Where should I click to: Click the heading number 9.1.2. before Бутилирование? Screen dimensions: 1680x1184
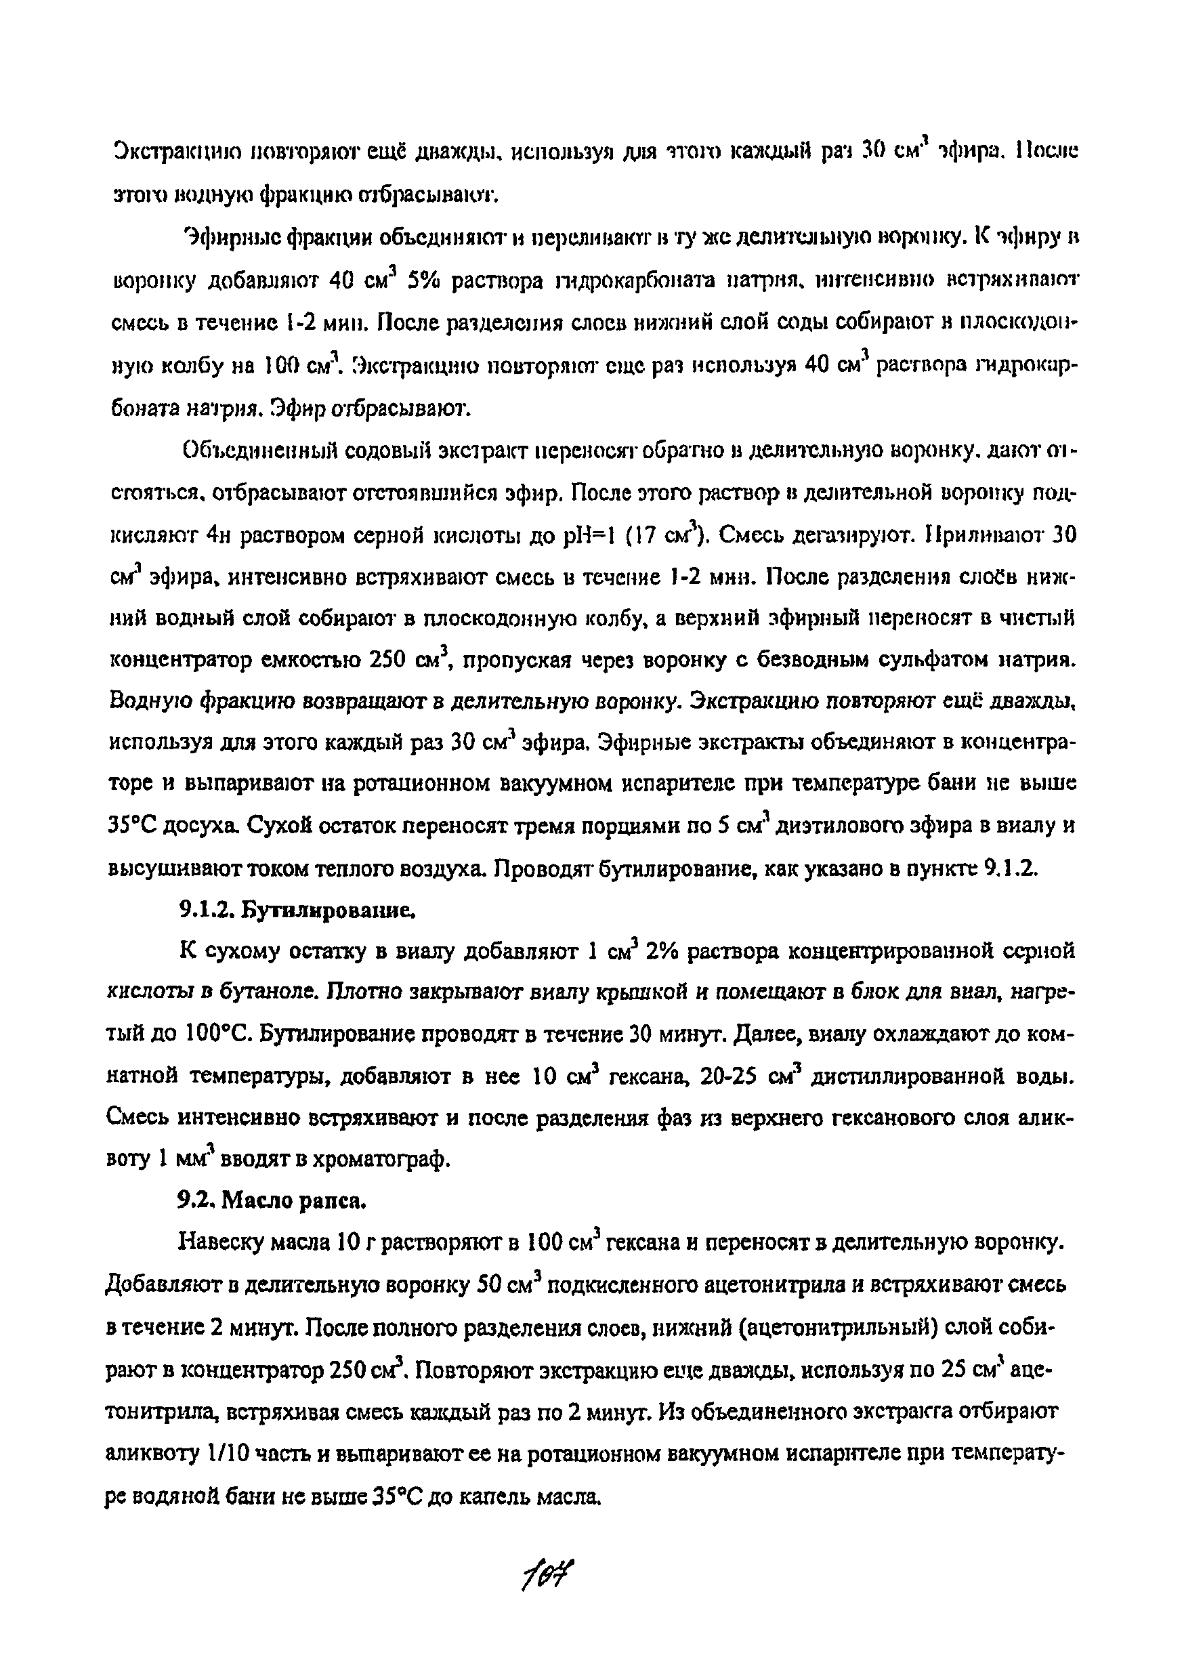coord(207,910)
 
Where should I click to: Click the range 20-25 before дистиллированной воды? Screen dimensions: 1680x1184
coord(727,1077)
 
